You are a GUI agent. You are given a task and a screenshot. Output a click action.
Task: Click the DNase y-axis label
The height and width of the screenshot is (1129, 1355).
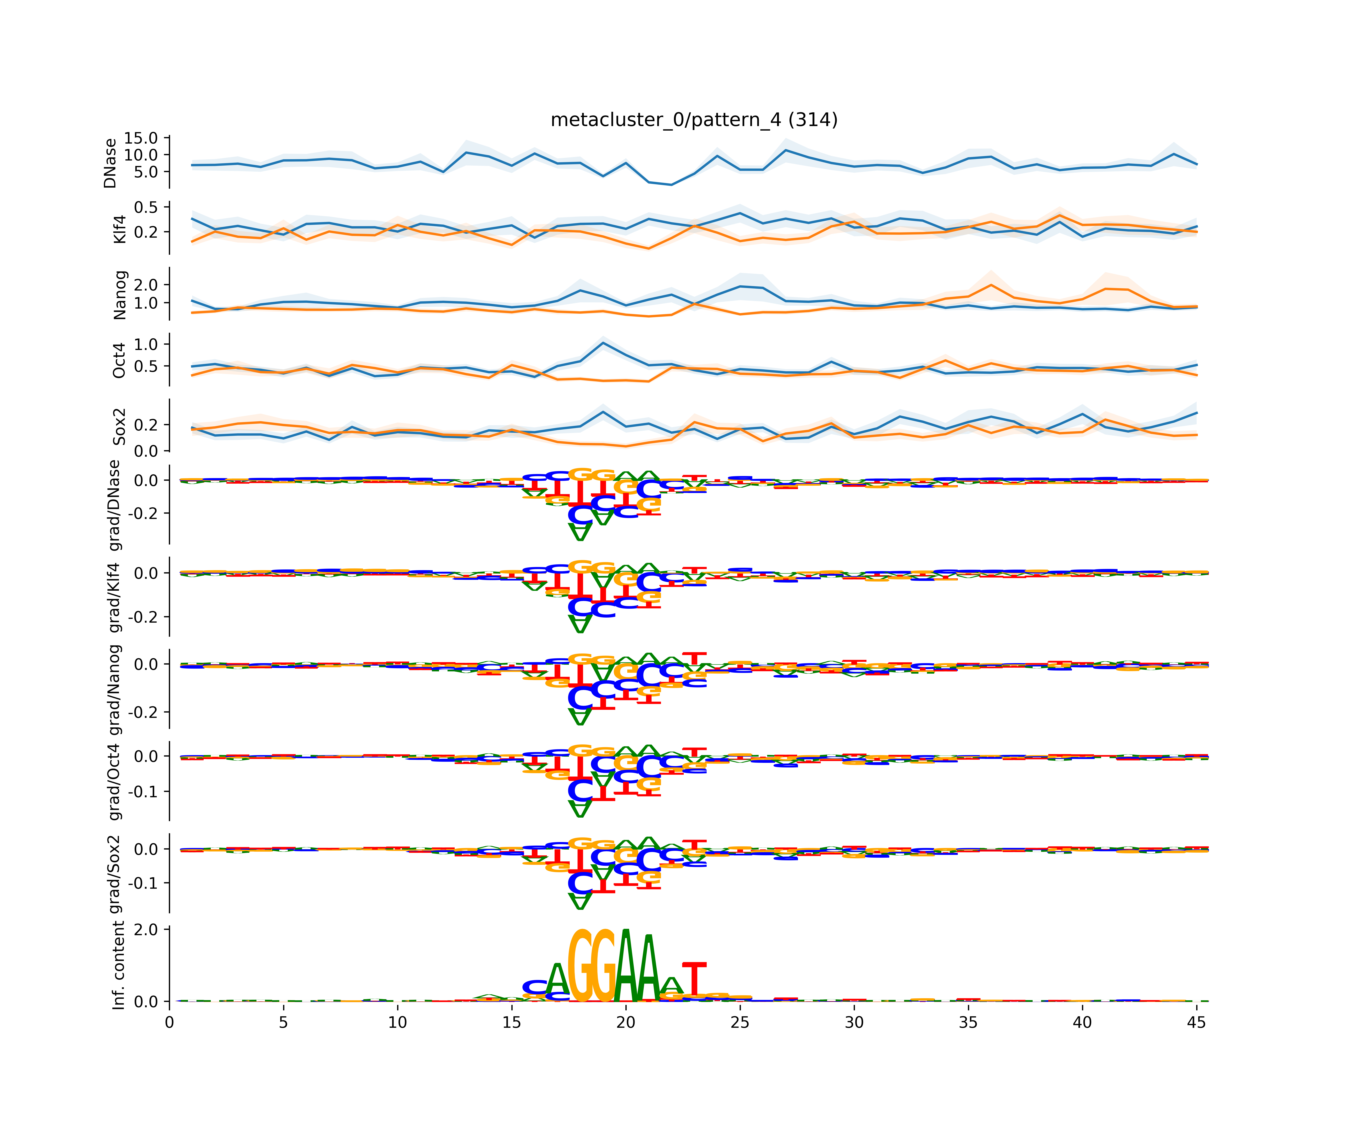pos(110,163)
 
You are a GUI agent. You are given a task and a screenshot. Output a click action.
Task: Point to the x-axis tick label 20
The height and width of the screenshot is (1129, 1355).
pos(625,1022)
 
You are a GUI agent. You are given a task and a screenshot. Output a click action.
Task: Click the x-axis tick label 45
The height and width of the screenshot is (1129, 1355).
pos(1196,1022)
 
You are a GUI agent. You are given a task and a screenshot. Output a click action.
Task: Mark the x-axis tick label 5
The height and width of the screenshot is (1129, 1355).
pos(283,1022)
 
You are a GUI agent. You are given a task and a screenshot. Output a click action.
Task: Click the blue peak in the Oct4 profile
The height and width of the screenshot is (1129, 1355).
pos(603,343)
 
